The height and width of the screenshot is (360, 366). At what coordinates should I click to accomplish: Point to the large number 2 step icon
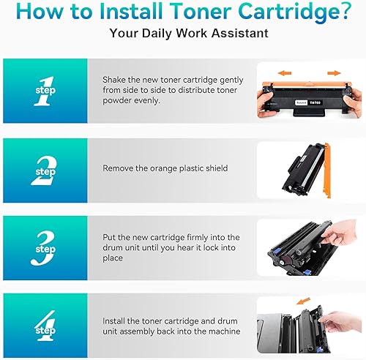[44, 170]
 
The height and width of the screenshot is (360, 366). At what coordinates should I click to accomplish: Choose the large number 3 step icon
[44, 249]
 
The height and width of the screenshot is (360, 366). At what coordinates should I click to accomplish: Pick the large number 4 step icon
[44, 325]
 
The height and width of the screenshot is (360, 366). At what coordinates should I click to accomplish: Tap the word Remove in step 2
[117, 168]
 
